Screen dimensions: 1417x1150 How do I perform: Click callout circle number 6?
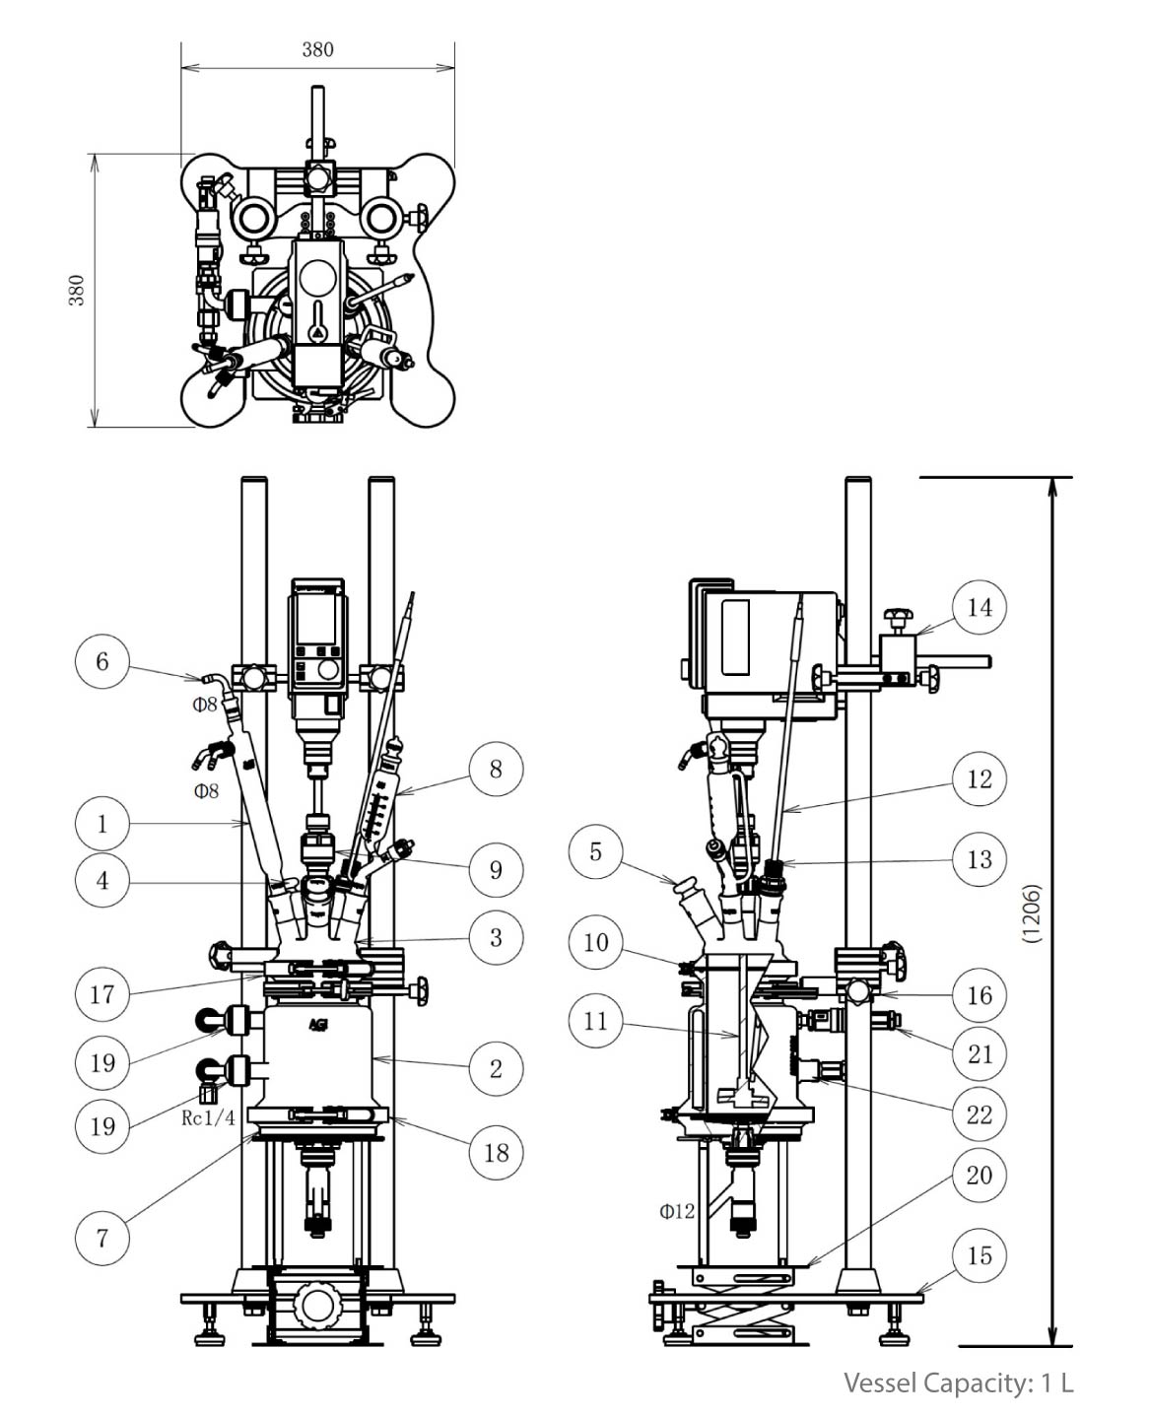[x=102, y=661]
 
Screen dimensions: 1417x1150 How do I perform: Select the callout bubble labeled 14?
[x=979, y=607]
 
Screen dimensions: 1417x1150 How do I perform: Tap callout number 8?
[x=496, y=769]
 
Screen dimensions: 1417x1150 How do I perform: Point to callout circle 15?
[x=979, y=1255]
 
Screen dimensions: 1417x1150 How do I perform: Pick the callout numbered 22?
[x=979, y=1114]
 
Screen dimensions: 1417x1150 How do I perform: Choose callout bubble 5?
[x=595, y=851]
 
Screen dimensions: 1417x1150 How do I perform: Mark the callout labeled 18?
[x=496, y=1151]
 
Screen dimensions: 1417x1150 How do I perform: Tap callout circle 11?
[x=595, y=1021]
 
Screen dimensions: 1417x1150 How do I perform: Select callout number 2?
[x=496, y=1068]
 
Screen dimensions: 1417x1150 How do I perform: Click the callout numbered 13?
[x=979, y=858]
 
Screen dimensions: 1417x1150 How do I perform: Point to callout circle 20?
[x=979, y=1175]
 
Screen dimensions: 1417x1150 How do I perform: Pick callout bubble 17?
[x=102, y=993]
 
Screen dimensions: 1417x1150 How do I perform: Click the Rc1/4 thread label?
[x=208, y=1117]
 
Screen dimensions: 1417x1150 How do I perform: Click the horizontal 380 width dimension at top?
[x=317, y=49]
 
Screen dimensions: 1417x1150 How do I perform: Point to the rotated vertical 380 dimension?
[x=76, y=290]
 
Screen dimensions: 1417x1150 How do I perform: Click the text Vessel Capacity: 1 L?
[x=958, y=1383]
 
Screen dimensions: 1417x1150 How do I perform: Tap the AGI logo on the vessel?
[x=318, y=1024]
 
